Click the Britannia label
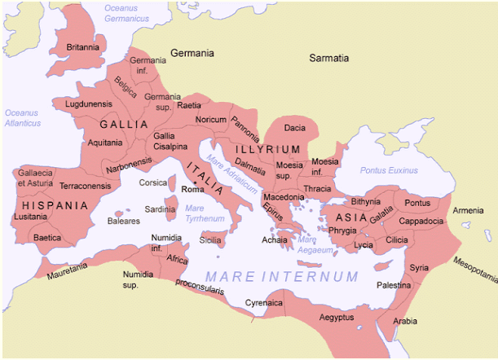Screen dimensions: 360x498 click(x=83, y=47)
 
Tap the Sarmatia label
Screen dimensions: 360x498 click(x=328, y=59)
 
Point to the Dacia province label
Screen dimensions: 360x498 click(x=294, y=128)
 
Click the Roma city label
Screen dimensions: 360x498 click(x=192, y=189)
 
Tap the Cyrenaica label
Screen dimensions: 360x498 click(x=264, y=303)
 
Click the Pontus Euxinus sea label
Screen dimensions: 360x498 click(x=389, y=170)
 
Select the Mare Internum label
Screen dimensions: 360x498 click(x=281, y=276)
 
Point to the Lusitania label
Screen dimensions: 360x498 click(x=30, y=217)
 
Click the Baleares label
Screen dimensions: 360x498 click(x=123, y=221)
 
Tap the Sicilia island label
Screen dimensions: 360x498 click(x=212, y=241)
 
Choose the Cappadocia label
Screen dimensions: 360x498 click(x=421, y=221)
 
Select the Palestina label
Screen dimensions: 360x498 click(x=394, y=286)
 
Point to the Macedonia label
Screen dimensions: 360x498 click(x=283, y=197)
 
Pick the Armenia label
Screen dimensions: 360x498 click(x=468, y=211)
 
